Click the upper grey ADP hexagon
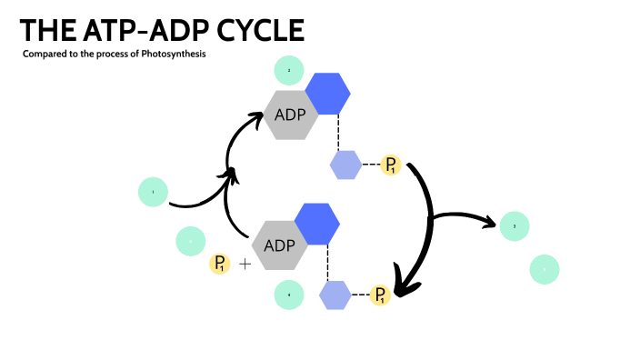tap(292, 115)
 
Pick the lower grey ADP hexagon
tap(280, 245)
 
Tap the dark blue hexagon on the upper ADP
tap(328, 91)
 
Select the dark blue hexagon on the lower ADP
tap(317, 223)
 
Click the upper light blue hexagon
tap(345, 165)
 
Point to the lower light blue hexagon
tap(335, 295)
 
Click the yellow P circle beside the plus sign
tap(220, 265)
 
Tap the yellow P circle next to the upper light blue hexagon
tap(391, 165)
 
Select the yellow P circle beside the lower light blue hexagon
tap(381, 295)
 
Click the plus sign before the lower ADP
tap(245, 265)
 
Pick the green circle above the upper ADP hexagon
tap(289, 70)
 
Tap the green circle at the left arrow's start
tap(153, 192)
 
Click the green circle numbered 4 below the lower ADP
tap(289, 295)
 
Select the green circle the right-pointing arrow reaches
tap(515, 225)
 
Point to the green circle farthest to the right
tap(545, 269)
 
